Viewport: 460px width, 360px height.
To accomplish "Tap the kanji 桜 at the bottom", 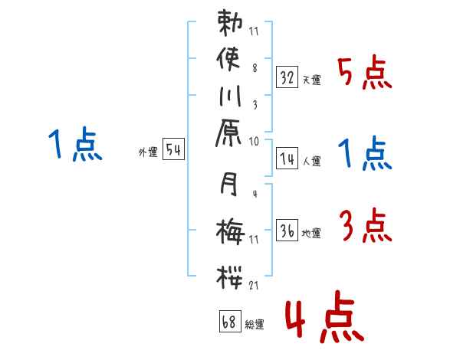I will (x=232, y=273).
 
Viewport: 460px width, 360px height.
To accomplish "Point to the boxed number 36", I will (x=287, y=230).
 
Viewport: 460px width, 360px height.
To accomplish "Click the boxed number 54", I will (x=173, y=150).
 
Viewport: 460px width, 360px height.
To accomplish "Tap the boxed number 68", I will (x=229, y=322).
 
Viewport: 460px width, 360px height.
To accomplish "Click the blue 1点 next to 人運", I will (x=365, y=154).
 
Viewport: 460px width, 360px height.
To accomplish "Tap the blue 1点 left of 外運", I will (x=74, y=145).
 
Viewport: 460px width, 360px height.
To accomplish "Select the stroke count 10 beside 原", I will (x=254, y=142).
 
